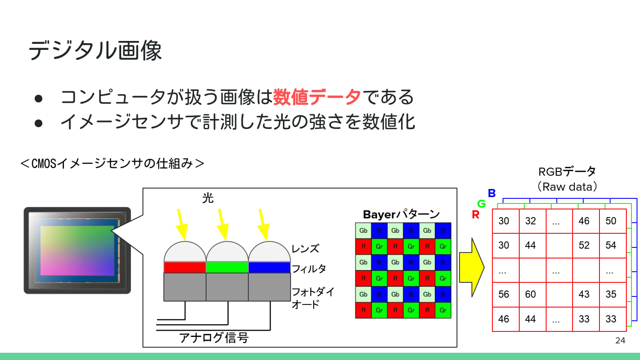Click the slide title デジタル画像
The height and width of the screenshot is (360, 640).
click(95, 50)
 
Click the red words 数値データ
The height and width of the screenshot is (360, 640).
click(317, 97)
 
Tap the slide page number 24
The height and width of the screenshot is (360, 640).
click(620, 340)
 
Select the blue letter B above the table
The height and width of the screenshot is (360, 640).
click(492, 193)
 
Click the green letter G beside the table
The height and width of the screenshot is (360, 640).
click(481, 204)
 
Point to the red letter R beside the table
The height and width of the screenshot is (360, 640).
click(475, 215)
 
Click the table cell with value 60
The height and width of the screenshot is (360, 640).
click(530, 294)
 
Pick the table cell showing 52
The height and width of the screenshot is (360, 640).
click(584, 245)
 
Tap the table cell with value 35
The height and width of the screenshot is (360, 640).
click(611, 294)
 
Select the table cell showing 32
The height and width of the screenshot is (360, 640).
click(530, 221)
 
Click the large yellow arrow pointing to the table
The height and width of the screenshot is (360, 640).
click(471, 267)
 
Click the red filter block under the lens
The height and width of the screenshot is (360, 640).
click(185, 267)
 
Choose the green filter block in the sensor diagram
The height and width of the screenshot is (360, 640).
click(227, 267)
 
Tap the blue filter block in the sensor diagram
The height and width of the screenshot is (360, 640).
click(269, 267)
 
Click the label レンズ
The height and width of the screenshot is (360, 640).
click(305, 249)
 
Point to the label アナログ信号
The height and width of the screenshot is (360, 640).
click(214, 338)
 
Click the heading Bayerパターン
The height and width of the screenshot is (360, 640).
click(401, 214)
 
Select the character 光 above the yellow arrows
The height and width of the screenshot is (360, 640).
click(208, 198)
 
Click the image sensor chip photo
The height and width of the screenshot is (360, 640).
click(77, 250)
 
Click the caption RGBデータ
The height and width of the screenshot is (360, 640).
click(567, 171)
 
